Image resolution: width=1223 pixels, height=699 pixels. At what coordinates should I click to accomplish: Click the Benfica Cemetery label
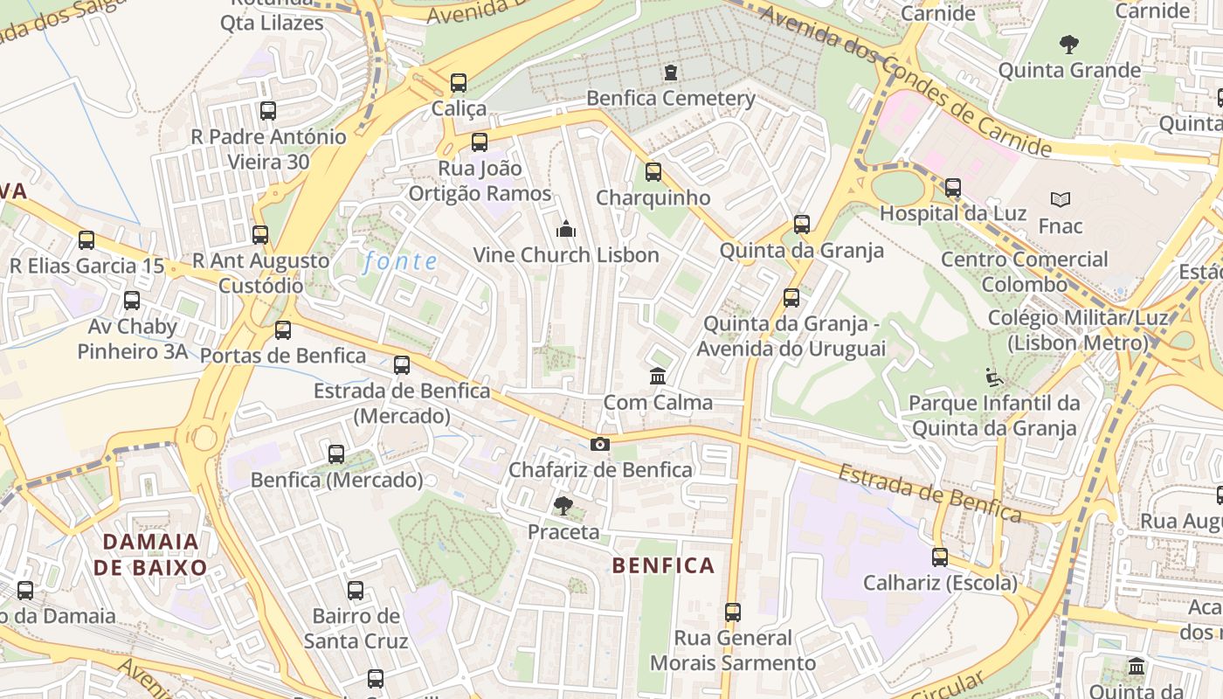670,98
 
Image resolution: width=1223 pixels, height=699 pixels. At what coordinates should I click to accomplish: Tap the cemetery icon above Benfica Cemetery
670,72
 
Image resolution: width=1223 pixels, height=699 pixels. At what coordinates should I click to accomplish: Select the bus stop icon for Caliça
459,83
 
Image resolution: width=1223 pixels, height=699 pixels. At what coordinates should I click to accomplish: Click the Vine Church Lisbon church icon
565,230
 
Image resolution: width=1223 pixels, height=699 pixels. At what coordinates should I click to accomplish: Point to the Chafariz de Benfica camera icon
599,444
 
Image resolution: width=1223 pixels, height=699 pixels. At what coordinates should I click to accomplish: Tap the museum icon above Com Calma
658,377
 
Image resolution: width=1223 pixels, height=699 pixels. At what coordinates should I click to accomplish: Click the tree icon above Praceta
563,505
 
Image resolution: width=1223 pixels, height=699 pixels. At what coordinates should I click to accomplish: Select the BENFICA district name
663,565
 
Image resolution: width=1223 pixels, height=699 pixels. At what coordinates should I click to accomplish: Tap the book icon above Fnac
1061,200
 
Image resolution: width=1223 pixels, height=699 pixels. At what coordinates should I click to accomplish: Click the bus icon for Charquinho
653,172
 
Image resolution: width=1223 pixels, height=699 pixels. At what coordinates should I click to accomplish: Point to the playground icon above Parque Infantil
993,377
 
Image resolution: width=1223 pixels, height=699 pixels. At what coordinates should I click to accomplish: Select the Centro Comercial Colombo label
1024,271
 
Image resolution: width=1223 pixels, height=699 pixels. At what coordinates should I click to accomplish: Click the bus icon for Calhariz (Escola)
940,557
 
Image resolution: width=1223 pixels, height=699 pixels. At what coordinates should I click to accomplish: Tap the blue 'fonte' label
401,260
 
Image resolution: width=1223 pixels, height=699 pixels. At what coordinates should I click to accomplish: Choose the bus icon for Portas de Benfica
283,330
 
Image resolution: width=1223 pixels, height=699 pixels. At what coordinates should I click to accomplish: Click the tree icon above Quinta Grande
1068,44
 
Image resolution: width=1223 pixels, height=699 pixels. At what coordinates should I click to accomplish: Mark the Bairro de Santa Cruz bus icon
356,591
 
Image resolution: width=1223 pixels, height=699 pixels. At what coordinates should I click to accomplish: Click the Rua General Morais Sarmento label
733,650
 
